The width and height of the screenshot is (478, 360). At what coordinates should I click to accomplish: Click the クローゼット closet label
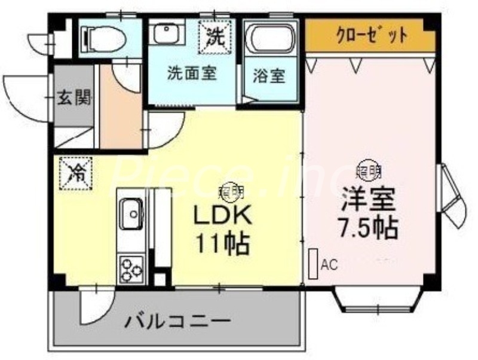(x=371, y=35)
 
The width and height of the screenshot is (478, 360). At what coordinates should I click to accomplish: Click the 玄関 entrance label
(x=74, y=97)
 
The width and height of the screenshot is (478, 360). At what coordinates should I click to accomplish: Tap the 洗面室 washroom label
(x=191, y=74)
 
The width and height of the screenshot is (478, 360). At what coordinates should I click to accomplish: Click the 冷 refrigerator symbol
(x=76, y=173)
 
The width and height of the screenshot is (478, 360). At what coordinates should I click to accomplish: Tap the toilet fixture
(x=107, y=39)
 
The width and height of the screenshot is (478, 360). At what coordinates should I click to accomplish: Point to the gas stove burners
(x=130, y=267)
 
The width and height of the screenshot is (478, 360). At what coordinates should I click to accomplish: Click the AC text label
(x=329, y=264)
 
